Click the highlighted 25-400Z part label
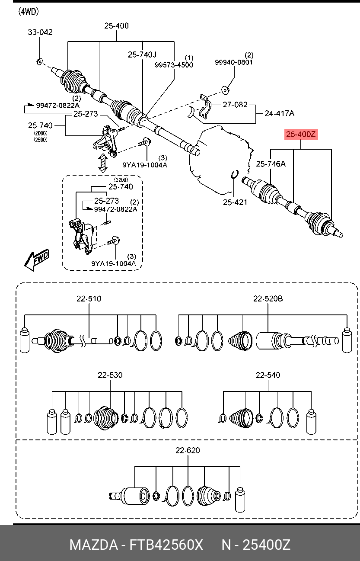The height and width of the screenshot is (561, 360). [x=301, y=134]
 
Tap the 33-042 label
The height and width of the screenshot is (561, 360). [x=40, y=32]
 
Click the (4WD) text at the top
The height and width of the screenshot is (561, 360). [x=29, y=12]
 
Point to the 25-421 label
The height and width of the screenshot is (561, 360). [x=235, y=202]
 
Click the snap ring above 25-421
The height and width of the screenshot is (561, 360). [x=235, y=174]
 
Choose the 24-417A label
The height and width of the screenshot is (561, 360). [x=280, y=113]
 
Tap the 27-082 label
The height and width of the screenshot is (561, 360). [x=235, y=104]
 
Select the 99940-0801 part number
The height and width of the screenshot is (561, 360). [x=234, y=62]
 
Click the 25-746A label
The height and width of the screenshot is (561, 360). [x=271, y=164]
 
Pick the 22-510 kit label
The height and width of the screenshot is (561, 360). [x=89, y=298]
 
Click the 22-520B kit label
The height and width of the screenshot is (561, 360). [x=268, y=298]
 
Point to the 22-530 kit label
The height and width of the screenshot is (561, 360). [x=110, y=375]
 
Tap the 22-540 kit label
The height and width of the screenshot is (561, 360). [x=268, y=375]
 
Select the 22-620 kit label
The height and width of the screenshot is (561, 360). [x=188, y=450]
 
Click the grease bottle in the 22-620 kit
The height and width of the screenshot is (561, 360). [x=240, y=500]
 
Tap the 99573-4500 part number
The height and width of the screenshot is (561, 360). [x=174, y=65]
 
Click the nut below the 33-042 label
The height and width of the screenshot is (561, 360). [x=39, y=61]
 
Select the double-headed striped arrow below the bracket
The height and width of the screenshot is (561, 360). [x=102, y=163]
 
